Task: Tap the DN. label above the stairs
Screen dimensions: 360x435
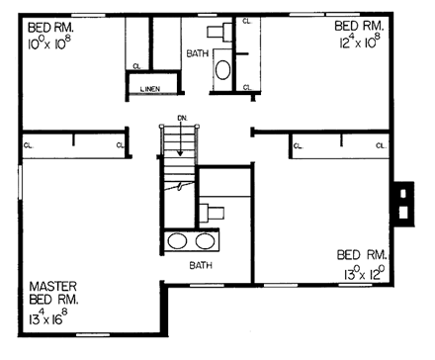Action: tap(183, 119)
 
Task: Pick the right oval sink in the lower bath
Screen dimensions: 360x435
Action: tap(206, 240)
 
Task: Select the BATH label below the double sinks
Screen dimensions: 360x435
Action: tap(202, 265)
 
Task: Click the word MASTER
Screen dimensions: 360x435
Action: tap(46, 285)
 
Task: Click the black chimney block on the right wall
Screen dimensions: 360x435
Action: tap(401, 202)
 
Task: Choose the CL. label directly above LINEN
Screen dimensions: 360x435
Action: tap(135, 67)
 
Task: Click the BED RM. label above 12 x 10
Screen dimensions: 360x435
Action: tap(358, 24)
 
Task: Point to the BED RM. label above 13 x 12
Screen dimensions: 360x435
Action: tap(361, 252)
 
